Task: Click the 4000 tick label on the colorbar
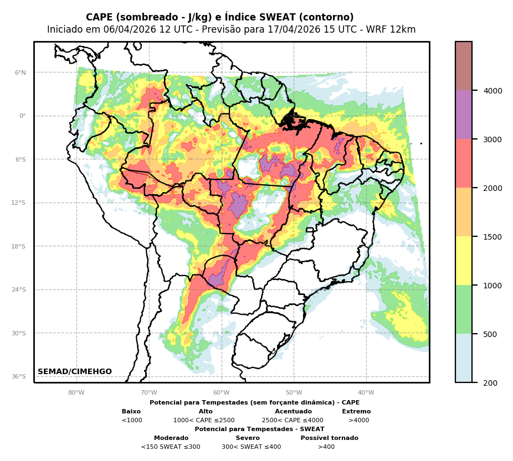coord(493,91)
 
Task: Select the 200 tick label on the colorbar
coord(490,383)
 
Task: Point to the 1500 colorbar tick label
coord(493,237)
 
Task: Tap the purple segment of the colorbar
coord(464,115)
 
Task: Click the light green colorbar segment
coord(464,309)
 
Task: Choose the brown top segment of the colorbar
coord(464,66)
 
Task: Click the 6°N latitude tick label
coord(20,72)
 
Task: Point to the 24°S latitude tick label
coord(19,289)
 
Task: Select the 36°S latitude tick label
coord(19,376)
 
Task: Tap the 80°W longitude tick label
coord(76,393)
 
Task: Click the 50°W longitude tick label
coord(294,393)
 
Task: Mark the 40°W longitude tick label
coord(366,393)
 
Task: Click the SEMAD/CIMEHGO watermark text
coord(75,372)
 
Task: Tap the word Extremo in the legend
coord(356,412)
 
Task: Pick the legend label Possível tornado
coord(329,438)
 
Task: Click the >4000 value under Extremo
coord(358,421)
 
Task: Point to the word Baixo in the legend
coord(131,412)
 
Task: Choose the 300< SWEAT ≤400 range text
coord(251,447)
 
